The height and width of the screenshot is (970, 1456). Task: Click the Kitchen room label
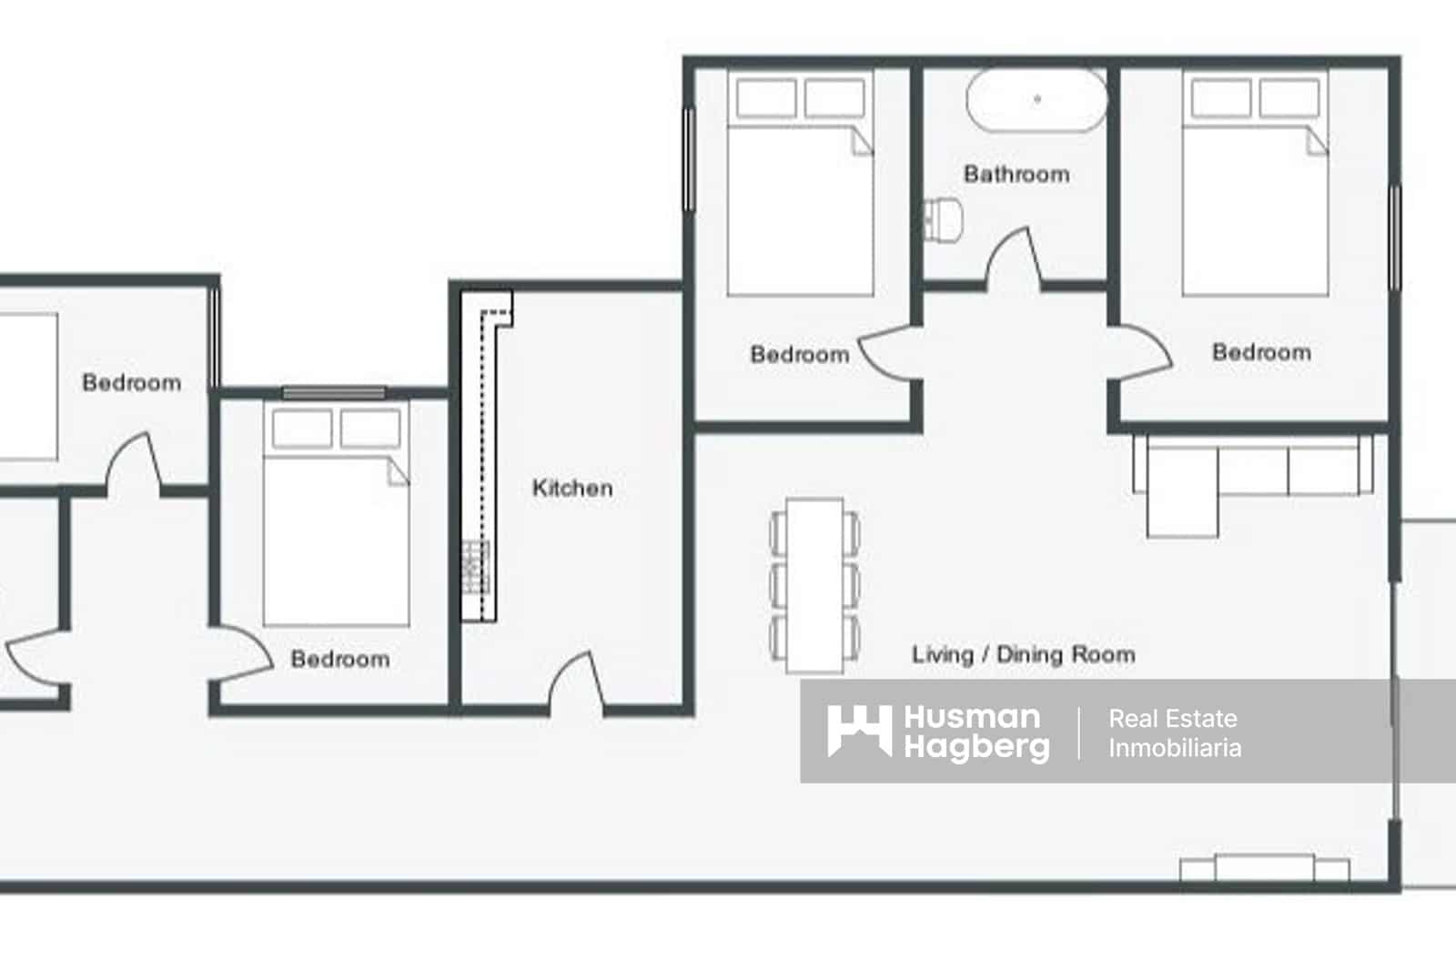pos(571,488)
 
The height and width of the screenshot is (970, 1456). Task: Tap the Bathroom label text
pos(1016,174)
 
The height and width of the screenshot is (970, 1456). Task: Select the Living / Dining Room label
pos(1023,654)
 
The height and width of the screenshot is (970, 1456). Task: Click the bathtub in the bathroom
pos(1036,99)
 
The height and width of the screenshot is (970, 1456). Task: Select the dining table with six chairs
pos(815,583)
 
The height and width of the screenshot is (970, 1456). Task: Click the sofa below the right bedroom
pos(1254,466)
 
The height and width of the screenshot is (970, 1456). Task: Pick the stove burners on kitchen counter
pos(476,566)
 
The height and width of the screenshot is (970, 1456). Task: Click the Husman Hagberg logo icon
pos(858,730)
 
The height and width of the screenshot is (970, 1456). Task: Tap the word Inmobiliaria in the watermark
pos(1174,748)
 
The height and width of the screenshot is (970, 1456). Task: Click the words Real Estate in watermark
pos(1172,718)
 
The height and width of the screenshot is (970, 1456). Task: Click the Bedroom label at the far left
pos(131,382)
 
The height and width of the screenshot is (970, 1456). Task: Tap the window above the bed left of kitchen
pos(333,393)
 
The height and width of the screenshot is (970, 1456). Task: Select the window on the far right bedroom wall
pos(1394,238)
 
